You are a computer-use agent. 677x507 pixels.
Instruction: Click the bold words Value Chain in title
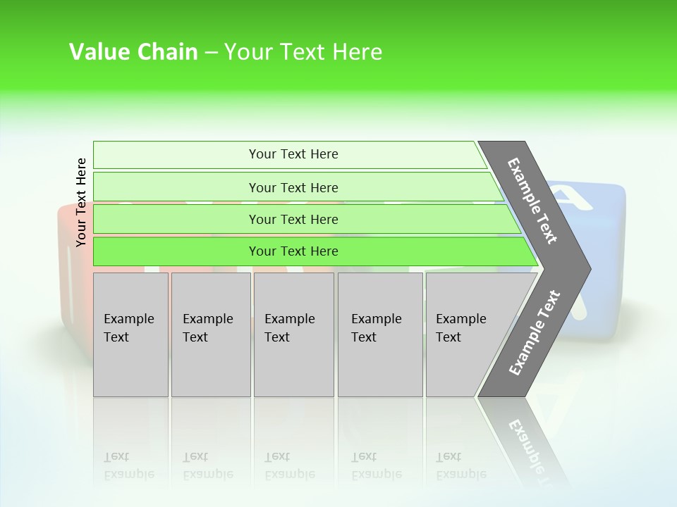[x=133, y=52]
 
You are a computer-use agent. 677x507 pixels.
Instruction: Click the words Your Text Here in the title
[x=303, y=52]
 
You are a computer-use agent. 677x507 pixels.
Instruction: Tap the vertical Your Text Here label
[x=81, y=202]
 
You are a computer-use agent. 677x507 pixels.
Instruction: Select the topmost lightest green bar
[x=293, y=154]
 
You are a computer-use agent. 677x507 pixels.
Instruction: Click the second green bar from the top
[x=293, y=187]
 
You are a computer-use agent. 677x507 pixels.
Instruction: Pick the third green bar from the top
[x=293, y=219]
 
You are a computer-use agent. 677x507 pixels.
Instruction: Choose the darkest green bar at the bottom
[x=293, y=251]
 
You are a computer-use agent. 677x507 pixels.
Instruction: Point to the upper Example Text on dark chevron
[x=532, y=201]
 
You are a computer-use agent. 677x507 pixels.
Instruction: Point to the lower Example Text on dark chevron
[x=535, y=332]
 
